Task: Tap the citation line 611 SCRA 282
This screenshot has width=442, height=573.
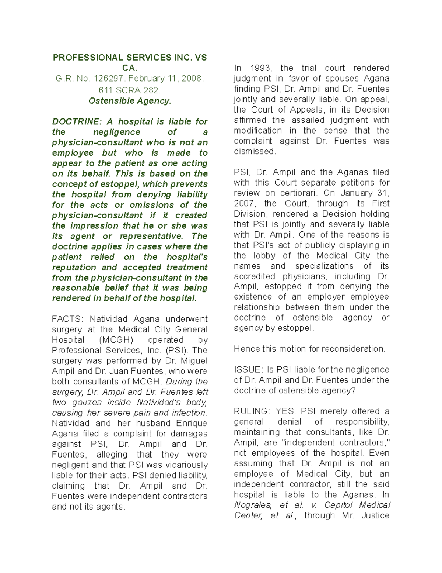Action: coord(130,90)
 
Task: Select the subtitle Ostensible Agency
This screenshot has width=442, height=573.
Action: coord(130,101)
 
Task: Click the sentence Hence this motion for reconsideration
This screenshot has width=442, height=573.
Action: coord(309,349)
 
